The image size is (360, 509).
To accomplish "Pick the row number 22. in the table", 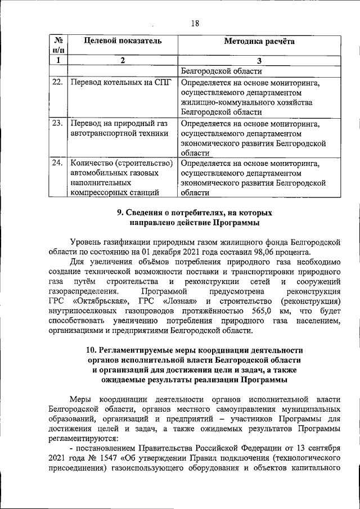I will pos(57,83).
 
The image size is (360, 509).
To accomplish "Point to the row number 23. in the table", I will pos(57,123).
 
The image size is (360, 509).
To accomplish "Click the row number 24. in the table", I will pos(57,163).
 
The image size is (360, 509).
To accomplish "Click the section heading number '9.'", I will pos(120,214).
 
